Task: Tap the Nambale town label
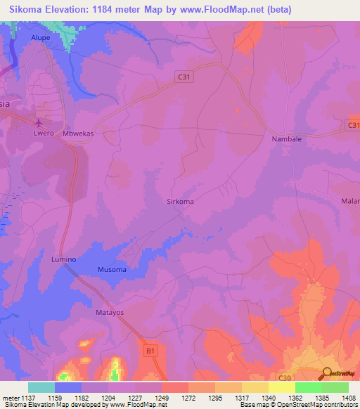286,139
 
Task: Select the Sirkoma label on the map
180,201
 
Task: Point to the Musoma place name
112,270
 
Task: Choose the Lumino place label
63,259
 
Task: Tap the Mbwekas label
79,133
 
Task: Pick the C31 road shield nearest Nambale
354,125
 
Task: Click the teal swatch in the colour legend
41,387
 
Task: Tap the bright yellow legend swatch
281,387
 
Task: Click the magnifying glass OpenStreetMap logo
327,375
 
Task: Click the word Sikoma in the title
27,9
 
